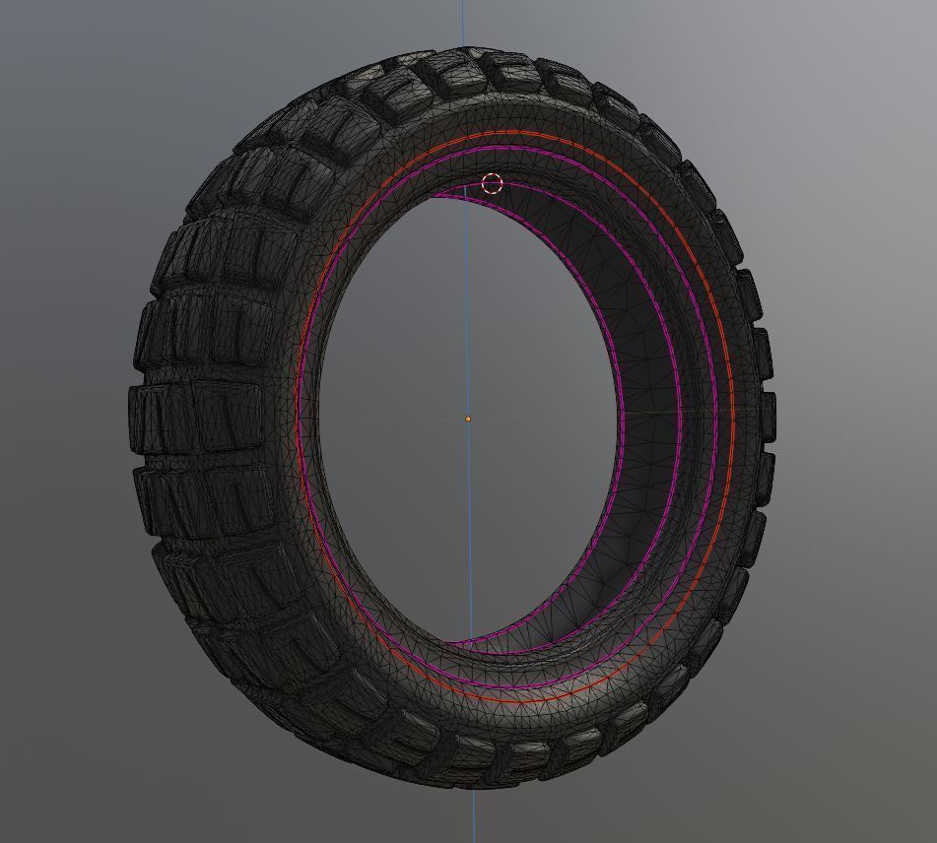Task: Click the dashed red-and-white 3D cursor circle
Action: coord(492,184)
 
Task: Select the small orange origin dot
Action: coord(468,419)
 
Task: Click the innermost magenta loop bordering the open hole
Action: coord(622,414)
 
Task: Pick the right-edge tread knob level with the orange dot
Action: coord(767,414)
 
